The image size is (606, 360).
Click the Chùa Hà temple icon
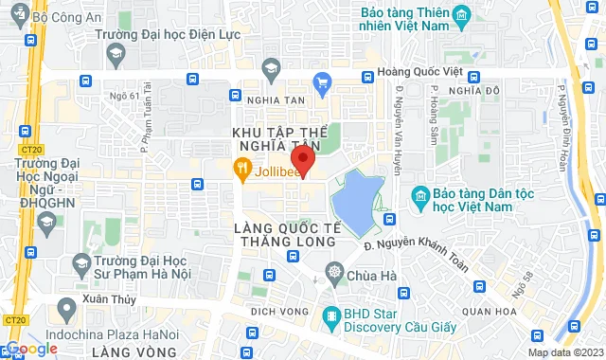tap(334, 275)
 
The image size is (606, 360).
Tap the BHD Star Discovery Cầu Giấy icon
tap(331, 315)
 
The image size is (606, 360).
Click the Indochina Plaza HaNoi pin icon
tap(66, 309)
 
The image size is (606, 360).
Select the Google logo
tap(30, 349)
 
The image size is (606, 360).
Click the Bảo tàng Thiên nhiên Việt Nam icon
tap(461, 16)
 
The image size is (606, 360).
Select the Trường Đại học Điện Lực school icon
tap(116, 54)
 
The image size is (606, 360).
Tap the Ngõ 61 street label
tap(123, 96)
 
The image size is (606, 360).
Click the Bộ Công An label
tap(65, 17)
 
